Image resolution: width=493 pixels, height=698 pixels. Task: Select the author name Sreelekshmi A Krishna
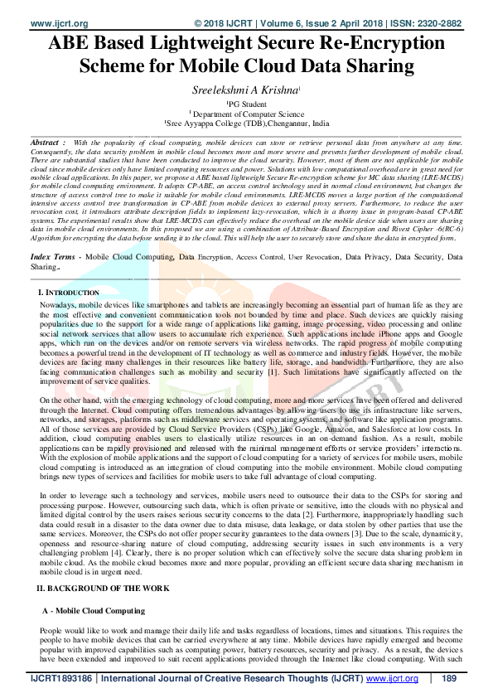(x=246, y=90)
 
